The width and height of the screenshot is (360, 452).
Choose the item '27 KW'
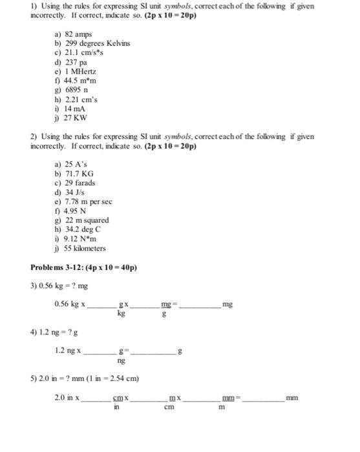click(71, 119)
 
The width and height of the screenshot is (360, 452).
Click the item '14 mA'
click(70, 109)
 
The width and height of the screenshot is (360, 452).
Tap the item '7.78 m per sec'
click(87, 201)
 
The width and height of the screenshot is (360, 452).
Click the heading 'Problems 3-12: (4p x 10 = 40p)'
click(84, 268)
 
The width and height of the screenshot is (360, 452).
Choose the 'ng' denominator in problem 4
click(121, 362)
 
